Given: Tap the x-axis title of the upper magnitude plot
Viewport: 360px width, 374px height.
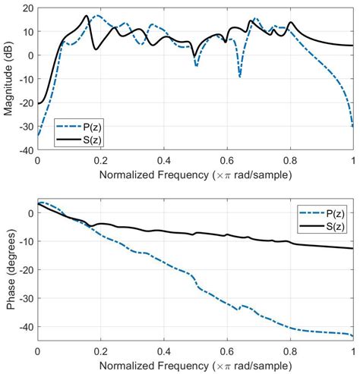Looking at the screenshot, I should click(195, 174).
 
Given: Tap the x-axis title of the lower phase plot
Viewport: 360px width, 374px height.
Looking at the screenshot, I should click(195, 367).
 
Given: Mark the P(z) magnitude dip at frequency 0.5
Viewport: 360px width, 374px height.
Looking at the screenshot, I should click(196, 66).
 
